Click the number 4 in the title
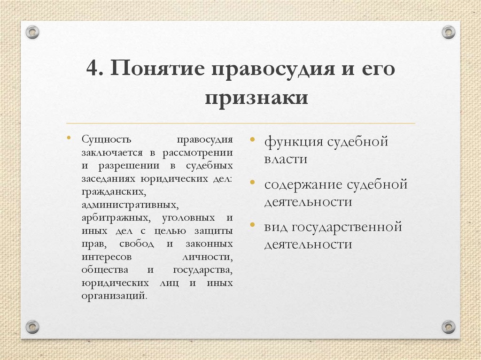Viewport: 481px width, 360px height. (x=92, y=69)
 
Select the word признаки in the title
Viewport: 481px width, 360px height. (x=256, y=97)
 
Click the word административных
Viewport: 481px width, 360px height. (x=129, y=205)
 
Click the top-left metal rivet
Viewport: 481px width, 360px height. (x=32, y=32)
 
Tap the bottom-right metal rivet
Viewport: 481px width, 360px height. (x=448, y=326)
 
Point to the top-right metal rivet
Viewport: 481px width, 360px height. (x=448, y=32)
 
